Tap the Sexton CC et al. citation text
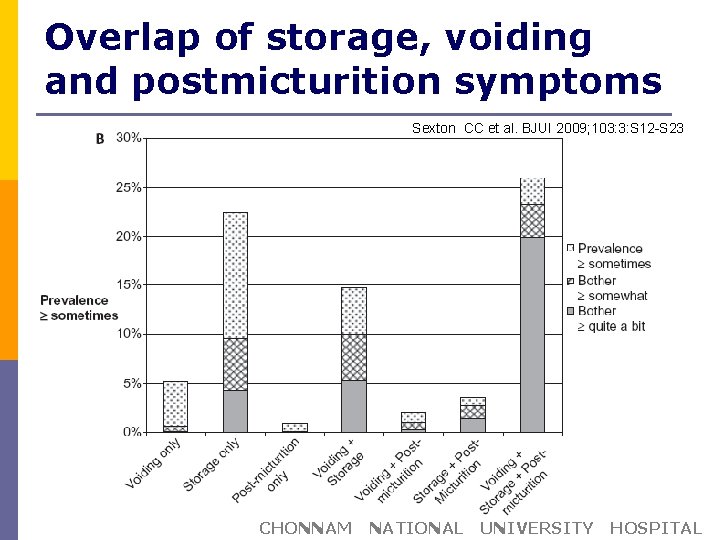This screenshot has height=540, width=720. point(548,128)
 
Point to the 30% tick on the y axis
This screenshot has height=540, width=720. point(129,137)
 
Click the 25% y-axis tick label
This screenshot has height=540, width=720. point(129,187)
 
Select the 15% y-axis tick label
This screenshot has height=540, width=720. point(129,284)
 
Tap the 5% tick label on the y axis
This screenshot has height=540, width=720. point(132,382)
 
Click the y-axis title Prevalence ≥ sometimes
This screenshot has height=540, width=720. point(78,308)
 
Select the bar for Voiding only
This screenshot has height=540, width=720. point(175,406)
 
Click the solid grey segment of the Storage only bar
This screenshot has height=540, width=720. point(235,411)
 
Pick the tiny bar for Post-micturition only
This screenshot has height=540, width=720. point(294,427)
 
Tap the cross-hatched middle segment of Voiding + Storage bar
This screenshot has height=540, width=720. point(354,357)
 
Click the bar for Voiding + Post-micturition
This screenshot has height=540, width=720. point(413,422)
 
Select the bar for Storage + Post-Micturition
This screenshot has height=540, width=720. point(473,416)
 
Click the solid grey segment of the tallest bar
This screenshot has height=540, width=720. point(532,335)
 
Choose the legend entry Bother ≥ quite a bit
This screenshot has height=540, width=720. point(610,319)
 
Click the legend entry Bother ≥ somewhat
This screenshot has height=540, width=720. point(611,288)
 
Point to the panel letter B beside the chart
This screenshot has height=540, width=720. point(100,139)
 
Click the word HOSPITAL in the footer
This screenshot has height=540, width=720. point(656,528)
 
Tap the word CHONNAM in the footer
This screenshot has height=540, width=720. point(305,528)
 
